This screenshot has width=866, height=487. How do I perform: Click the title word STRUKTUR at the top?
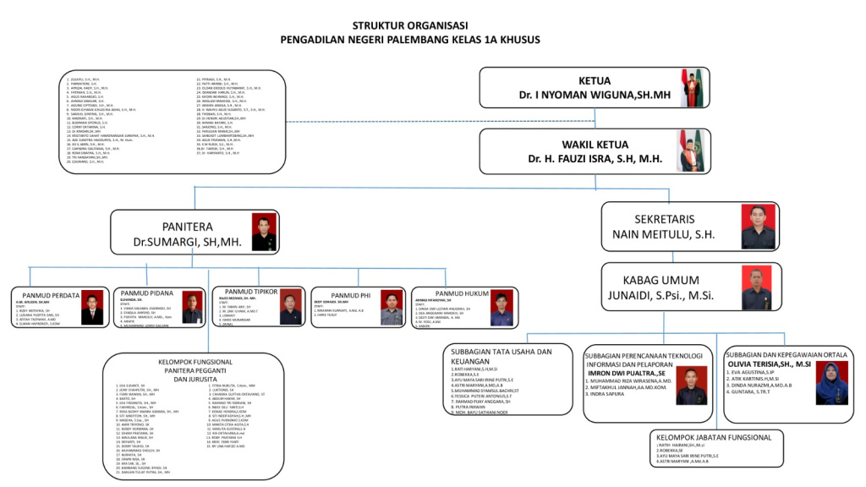[380, 26]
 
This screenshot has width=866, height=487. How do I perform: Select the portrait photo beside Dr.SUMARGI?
[264, 232]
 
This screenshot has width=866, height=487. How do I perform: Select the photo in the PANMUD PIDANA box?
[192, 308]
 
